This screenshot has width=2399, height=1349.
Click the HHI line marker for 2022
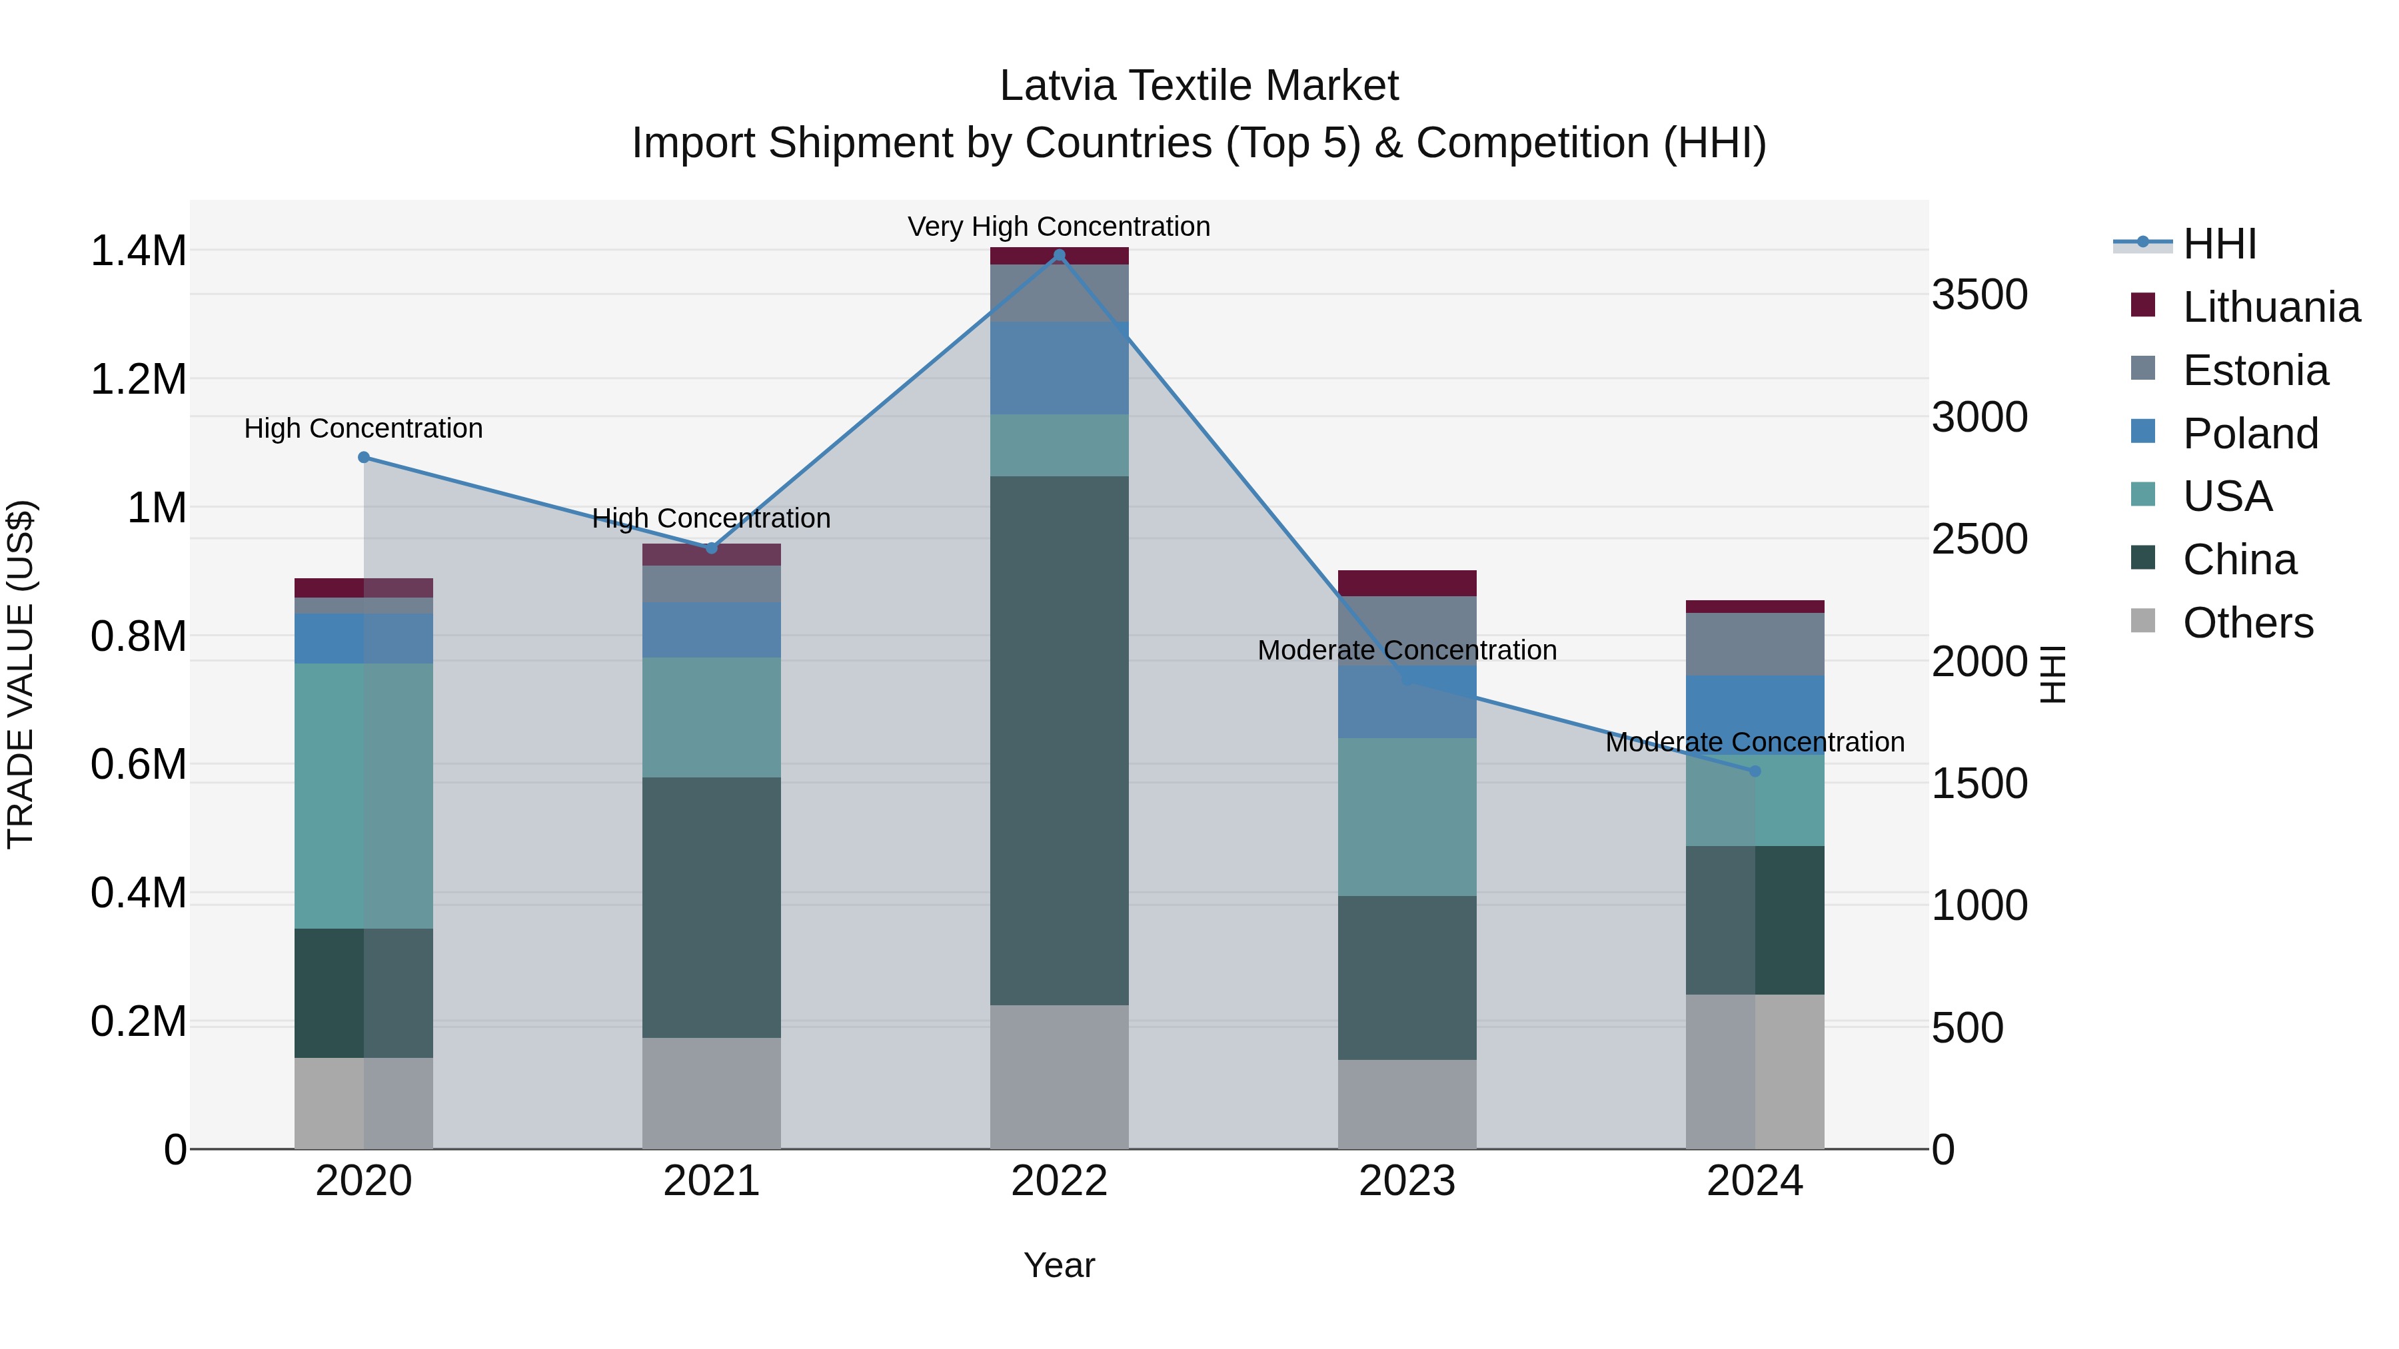[1059, 255]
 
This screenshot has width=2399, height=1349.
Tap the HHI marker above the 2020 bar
[364, 457]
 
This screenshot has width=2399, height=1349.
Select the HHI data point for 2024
[1755, 771]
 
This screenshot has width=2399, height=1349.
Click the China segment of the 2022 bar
[1059, 740]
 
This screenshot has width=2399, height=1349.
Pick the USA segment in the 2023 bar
[1407, 817]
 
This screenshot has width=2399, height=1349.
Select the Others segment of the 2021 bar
[712, 1093]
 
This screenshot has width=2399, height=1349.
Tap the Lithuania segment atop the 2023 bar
[1407, 583]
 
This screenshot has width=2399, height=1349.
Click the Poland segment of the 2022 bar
[1059, 368]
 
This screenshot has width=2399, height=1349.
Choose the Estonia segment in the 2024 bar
[1755, 644]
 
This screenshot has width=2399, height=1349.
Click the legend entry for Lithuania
[2270, 307]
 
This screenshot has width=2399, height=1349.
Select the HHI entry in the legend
[2218, 244]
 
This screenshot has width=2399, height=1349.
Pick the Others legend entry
[2247, 623]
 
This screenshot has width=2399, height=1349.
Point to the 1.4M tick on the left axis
[138, 251]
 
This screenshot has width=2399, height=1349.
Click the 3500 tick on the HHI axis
[1980, 295]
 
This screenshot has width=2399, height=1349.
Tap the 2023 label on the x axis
[1407, 1181]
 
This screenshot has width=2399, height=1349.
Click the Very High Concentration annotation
[1059, 226]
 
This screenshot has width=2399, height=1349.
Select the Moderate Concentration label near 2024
[1755, 742]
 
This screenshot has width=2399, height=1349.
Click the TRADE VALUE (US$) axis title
[21, 674]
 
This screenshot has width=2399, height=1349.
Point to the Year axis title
[1059, 1265]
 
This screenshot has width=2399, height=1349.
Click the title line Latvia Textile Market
[1199, 86]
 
